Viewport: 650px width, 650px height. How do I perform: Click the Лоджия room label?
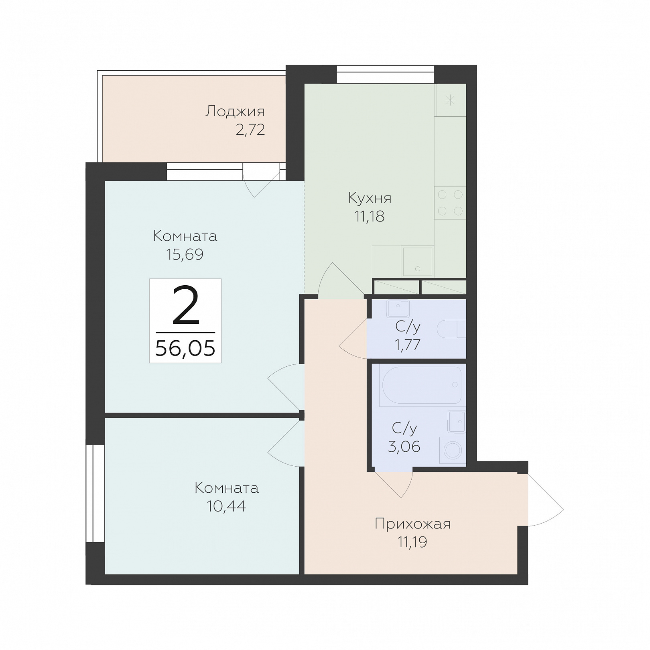(x=235, y=111)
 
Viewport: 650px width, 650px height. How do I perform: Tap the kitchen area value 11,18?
(x=370, y=217)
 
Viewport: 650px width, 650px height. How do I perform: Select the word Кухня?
(x=370, y=198)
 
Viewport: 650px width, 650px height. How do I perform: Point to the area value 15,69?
(x=185, y=254)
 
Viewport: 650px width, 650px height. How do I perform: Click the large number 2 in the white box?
(x=186, y=306)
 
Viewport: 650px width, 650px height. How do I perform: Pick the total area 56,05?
(x=185, y=348)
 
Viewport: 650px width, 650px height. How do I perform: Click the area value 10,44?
(x=226, y=506)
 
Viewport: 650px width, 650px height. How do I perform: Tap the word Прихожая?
(x=412, y=524)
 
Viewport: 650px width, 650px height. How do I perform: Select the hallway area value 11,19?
(x=412, y=542)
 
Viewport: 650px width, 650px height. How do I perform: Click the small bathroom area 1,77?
(x=408, y=345)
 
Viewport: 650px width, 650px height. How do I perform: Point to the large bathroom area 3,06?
(x=404, y=447)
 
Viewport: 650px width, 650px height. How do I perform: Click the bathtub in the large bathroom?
(x=422, y=385)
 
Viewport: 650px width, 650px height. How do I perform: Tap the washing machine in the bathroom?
(x=453, y=451)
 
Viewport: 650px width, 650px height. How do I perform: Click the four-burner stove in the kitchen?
(x=450, y=203)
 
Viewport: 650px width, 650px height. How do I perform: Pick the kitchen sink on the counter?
(x=418, y=262)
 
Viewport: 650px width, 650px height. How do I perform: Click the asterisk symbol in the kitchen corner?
(x=450, y=100)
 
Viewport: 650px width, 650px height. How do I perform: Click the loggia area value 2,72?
(x=250, y=130)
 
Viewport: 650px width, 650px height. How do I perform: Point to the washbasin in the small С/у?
(x=398, y=309)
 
